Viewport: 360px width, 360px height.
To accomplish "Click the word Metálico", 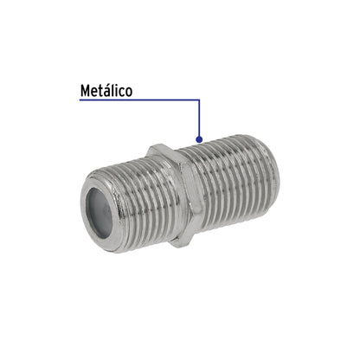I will point(106,90).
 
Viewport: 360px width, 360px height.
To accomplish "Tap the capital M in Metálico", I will point(85,90).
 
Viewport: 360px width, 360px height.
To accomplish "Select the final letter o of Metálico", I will point(128,91).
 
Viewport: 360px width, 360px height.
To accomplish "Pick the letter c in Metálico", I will point(121,91).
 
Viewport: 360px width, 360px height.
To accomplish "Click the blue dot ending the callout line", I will point(200,139).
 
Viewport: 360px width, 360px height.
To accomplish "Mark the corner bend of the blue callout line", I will point(200,100).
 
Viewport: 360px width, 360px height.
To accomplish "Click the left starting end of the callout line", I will point(80,100).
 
